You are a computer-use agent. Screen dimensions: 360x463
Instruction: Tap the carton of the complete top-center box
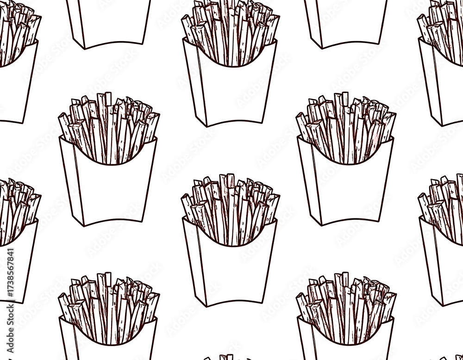pyautogui.click(x=230, y=93)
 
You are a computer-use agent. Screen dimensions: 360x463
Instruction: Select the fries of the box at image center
pyautogui.click(x=230, y=208)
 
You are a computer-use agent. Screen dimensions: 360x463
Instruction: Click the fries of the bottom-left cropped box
pyautogui.click(x=109, y=301)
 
